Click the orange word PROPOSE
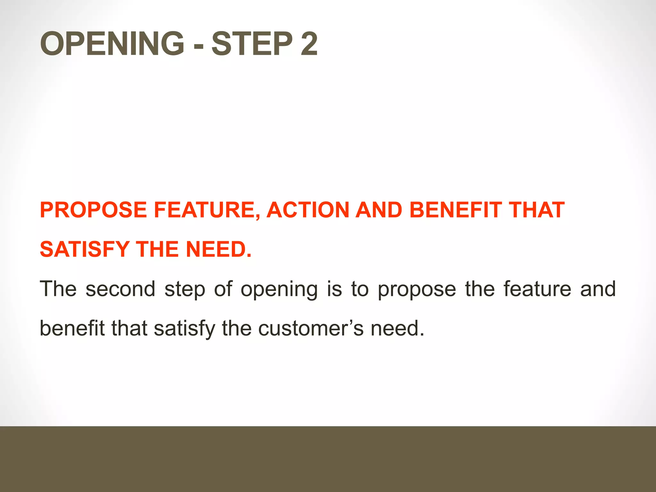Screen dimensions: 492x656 tap(93, 210)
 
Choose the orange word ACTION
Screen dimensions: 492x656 tap(308, 210)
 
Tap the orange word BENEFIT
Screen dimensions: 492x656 tap(455, 210)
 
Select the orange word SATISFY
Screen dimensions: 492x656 tap(84, 250)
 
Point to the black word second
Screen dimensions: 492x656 tap(120, 289)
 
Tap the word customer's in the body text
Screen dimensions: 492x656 tap(311, 329)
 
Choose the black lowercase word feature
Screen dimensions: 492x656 tap(537, 289)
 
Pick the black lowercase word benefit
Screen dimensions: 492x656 tap(72, 329)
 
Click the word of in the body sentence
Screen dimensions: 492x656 tap(223, 289)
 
